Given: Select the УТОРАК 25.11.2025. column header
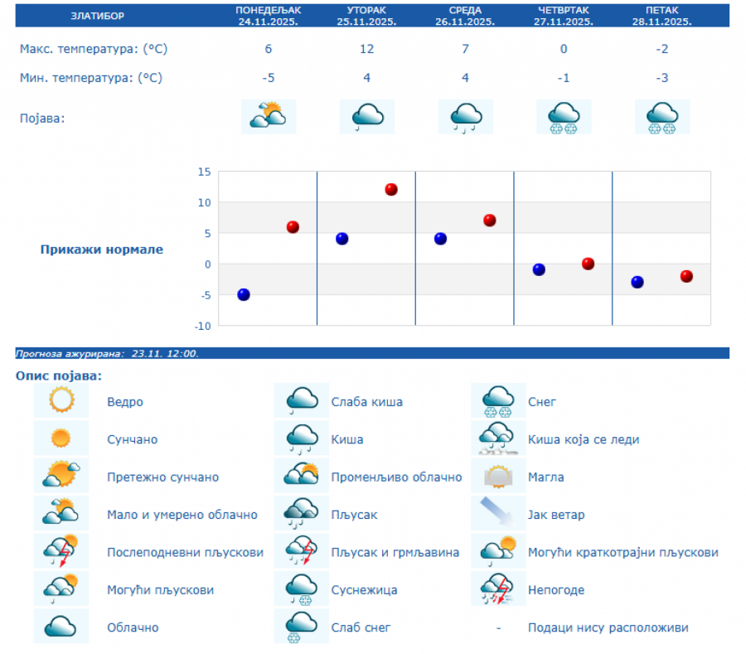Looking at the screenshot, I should click(366, 15).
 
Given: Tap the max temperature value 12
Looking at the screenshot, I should click(366, 49).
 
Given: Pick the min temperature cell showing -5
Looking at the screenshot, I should click(268, 78).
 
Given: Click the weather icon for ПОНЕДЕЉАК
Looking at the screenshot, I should click(268, 117).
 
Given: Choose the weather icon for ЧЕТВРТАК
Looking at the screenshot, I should click(564, 117).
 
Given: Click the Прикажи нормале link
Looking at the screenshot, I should click(102, 249).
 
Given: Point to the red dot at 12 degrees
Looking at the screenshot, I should click(391, 190).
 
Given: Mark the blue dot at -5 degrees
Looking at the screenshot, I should click(244, 294).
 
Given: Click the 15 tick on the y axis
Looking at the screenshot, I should click(203, 172).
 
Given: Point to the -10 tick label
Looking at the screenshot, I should click(201, 326).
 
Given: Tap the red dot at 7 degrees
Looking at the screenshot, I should click(490, 220).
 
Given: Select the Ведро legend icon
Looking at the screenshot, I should click(61, 401).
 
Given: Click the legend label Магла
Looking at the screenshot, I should click(545, 477).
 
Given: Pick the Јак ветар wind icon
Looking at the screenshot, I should click(499, 514).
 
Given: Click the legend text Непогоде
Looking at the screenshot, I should click(555, 590).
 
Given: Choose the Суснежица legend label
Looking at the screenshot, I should click(364, 590).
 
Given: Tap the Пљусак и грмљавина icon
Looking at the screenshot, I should click(302, 551).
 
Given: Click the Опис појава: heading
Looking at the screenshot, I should click(58, 376).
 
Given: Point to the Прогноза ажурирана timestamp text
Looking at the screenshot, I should click(107, 354).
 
